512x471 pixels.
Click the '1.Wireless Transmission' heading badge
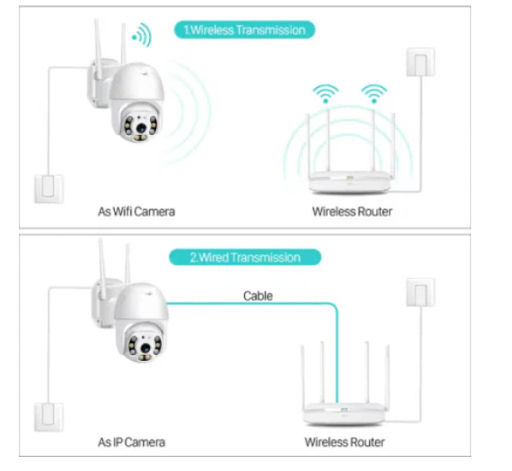click(x=244, y=31)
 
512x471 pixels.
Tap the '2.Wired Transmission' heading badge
click(x=244, y=257)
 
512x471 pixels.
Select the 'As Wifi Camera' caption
click(x=136, y=211)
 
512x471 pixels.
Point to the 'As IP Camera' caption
click(x=132, y=442)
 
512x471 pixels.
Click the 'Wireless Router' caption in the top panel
click(x=352, y=211)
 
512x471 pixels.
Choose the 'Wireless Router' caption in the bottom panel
click(x=345, y=442)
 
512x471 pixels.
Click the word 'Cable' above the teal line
click(x=258, y=296)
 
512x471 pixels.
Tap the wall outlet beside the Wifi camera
click(x=49, y=187)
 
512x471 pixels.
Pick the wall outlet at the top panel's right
click(x=420, y=62)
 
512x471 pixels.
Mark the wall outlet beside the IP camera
click(x=48, y=416)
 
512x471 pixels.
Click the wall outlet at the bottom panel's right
click(x=420, y=292)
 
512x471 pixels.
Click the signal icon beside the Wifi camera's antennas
click(x=141, y=35)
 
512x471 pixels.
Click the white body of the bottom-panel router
click(x=342, y=412)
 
